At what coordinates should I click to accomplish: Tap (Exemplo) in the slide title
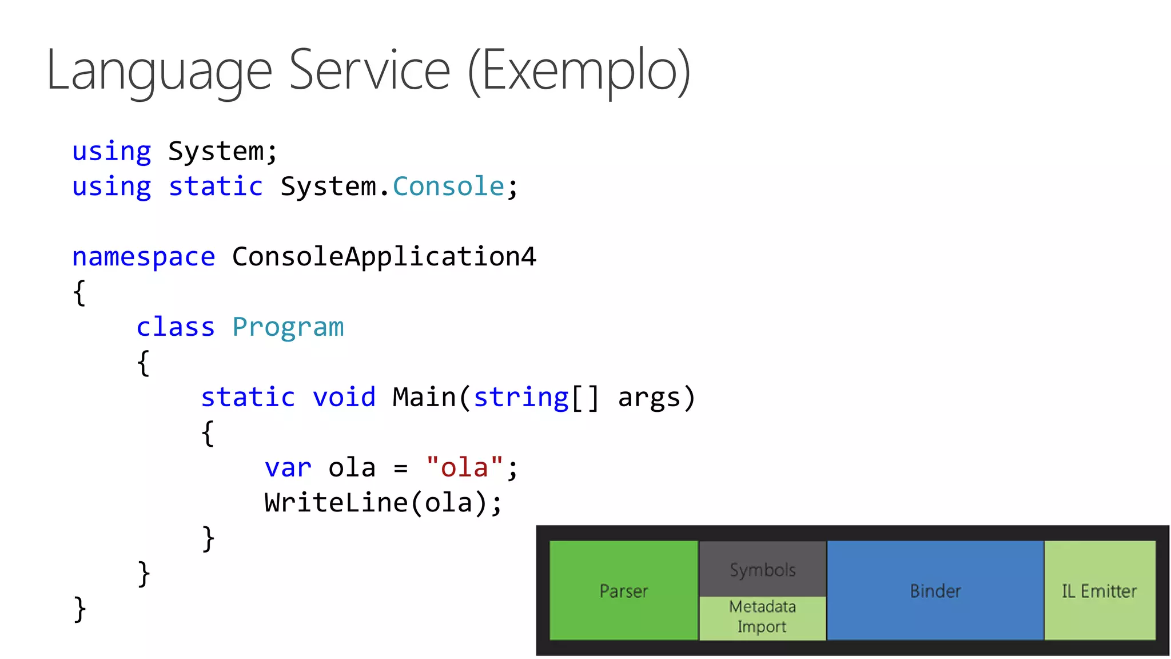pyautogui.click(x=579, y=71)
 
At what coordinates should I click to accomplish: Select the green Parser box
pyautogui.click(x=623, y=590)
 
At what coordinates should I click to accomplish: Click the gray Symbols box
pyautogui.click(x=762, y=569)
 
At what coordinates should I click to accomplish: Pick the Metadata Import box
pyautogui.click(x=762, y=617)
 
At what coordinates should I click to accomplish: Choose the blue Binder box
pyautogui.click(x=935, y=590)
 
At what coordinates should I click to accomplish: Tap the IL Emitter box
pyautogui.click(x=1099, y=590)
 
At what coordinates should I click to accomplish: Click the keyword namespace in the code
pyautogui.click(x=144, y=257)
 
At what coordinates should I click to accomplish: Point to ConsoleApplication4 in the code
pyautogui.click(x=384, y=257)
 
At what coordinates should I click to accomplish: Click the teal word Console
pyautogui.click(x=448, y=186)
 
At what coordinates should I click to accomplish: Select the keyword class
pyautogui.click(x=176, y=327)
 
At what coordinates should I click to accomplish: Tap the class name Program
pyautogui.click(x=288, y=327)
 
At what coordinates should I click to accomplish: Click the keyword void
pyautogui.click(x=344, y=397)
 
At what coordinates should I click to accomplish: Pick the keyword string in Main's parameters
pyautogui.click(x=521, y=397)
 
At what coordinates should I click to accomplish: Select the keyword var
pyautogui.click(x=288, y=468)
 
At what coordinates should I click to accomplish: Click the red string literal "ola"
pyautogui.click(x=465, y=467)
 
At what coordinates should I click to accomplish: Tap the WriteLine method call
pyautogui.click(x=336, y=503)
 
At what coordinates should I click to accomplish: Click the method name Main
pyautogui.click(x=424, y=397)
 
